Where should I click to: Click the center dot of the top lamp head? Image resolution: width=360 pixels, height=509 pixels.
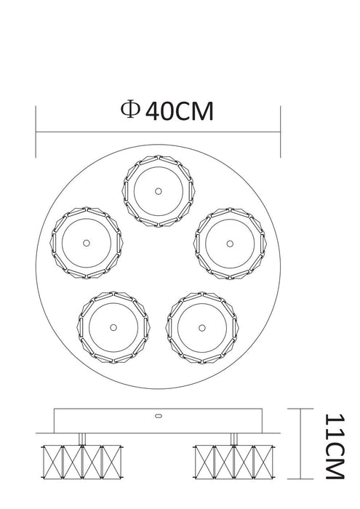[x=158, y=191]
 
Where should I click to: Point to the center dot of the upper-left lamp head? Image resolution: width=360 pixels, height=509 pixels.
[x=86, y=242]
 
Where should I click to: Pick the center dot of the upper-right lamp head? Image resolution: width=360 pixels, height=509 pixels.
[x=231, y=242]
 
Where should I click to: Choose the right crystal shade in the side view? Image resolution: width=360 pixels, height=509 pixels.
[x=233, y=460]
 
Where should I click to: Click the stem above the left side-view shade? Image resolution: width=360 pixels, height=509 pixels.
[x=81, y=438]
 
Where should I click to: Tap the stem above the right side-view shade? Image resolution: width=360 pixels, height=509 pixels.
[x=233, y=438]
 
